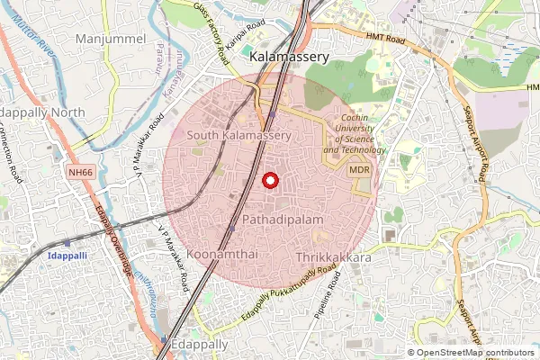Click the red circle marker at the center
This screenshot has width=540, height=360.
(x=269, y=180)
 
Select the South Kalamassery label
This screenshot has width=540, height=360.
(x=239, y=135)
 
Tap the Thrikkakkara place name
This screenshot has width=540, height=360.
(x=333, y=257)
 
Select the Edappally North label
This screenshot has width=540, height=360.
(x=42, y=112)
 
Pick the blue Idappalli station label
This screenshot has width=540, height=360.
(x=65, y=256)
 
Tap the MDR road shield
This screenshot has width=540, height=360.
(x=359, y=169)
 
